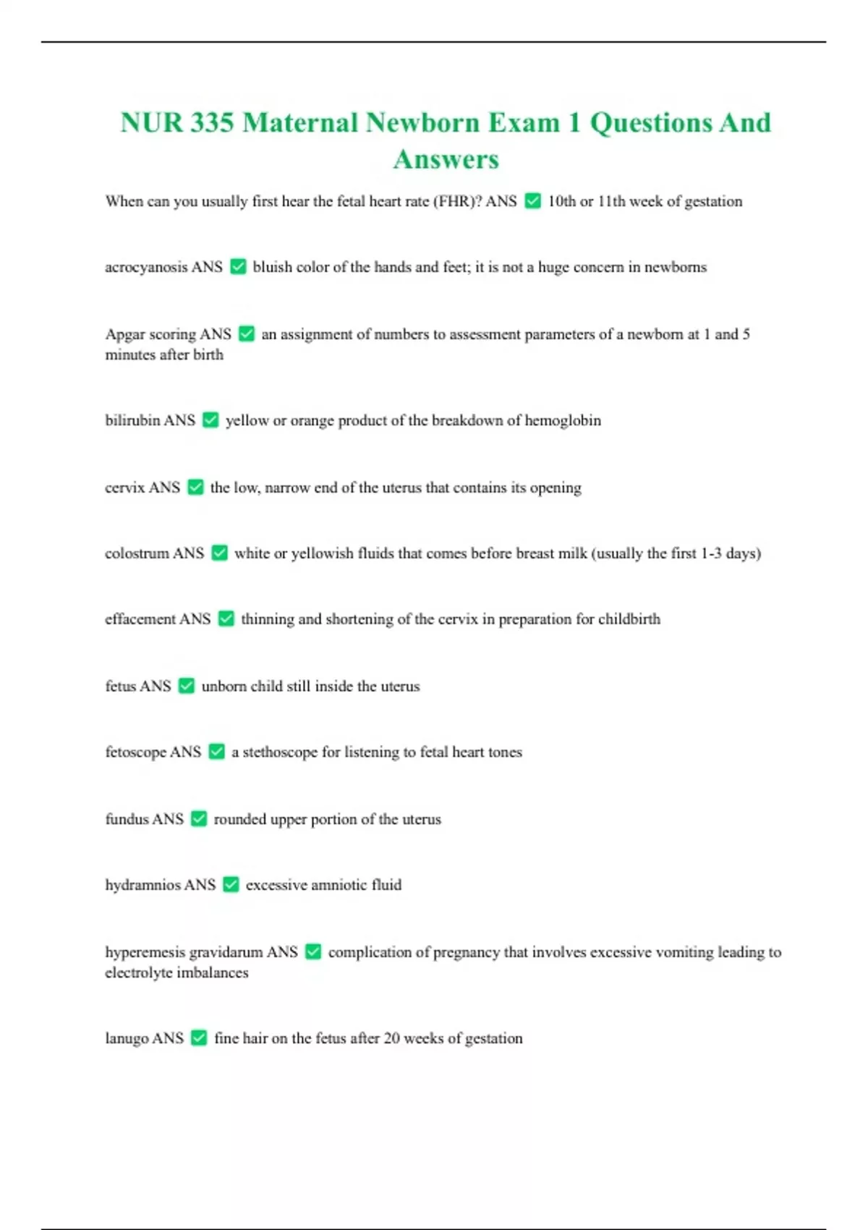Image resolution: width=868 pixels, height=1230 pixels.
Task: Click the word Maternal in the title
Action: pyautogui.click(x=299, y=122)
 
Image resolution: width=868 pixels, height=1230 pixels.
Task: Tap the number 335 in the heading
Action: pyautogui.click(x=212, y=122)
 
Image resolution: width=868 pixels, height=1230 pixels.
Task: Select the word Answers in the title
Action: pyautogui.click(x=446, y=159)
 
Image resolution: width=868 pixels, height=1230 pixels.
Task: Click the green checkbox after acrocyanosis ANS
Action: pyautogui.click(x=238, y=267)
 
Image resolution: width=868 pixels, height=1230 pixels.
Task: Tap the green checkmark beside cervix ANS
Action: pyautogui.click(x=195, y=488)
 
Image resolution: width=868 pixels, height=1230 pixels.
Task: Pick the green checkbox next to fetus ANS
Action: pyautogui.click(x=187, y=686)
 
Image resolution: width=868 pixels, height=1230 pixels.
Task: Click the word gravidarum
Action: pyautogui.click(x=225, y=952)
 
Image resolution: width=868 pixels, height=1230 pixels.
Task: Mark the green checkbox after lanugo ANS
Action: pyautogui.click(x=199, y=1038)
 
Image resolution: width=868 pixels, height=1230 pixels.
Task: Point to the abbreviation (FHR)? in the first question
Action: pyautogui.click(x=457, y=201)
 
